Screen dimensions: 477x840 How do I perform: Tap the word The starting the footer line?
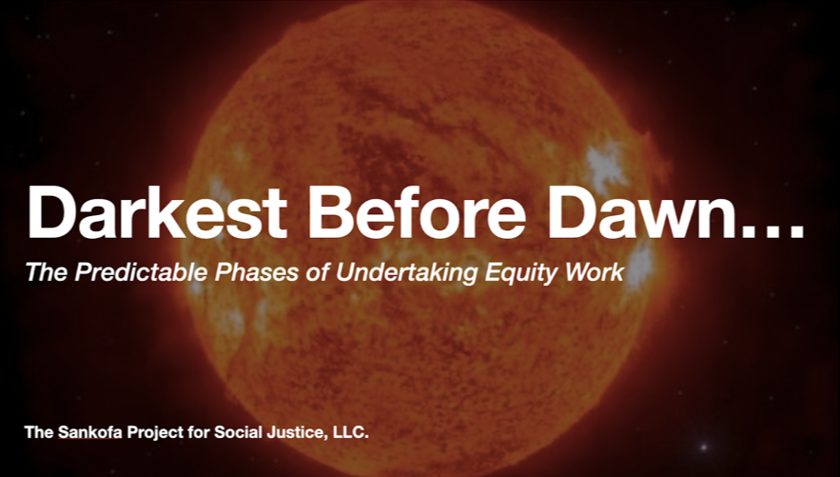coord(38,432)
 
